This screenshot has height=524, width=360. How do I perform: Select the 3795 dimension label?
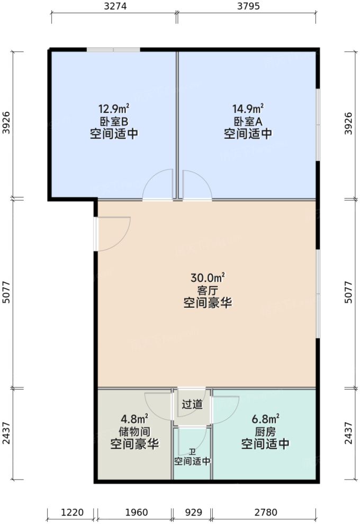247,7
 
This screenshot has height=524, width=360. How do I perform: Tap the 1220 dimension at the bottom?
72,512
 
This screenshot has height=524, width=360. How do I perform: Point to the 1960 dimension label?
136,512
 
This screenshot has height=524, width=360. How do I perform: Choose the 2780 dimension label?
266,512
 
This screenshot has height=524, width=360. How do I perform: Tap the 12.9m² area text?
114,109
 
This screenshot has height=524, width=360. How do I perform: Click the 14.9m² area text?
248,109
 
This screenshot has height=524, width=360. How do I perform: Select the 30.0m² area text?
208,278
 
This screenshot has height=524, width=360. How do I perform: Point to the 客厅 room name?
208,290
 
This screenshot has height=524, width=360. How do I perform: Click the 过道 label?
192,405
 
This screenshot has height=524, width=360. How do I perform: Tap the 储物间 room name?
134,431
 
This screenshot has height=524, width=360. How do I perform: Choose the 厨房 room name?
265,431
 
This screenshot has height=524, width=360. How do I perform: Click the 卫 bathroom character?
192,452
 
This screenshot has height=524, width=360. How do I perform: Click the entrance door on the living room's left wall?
113,234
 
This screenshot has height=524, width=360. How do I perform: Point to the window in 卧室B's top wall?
113,50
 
